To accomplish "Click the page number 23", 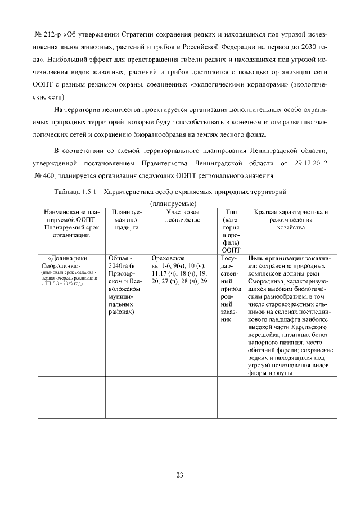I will (x=179, y=475).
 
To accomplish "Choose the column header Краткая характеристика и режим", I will (x=291, y=216).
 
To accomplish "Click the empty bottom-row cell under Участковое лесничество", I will (x=183, y=398).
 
